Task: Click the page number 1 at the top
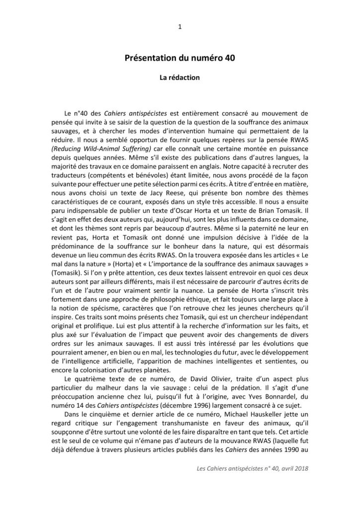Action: (180, 27)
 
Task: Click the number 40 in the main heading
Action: (228, 59)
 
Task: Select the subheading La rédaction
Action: (180, 78)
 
